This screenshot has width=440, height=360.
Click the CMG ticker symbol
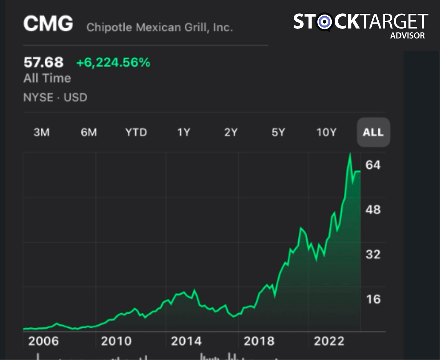click(48, 24)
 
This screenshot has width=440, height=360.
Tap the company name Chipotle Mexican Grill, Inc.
click(159, 27)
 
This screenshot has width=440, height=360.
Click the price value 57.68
click(44, 62)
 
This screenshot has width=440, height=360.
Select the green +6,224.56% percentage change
click(113, 63)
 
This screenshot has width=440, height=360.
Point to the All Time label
click(47, 78)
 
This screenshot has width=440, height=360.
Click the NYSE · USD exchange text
click(55, 97)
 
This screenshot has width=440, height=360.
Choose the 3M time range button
click(41, 132)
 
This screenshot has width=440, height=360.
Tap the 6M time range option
click(89, 132)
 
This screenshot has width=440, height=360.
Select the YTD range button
click(136, 132)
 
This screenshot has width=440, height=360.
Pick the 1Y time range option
click(183, 132)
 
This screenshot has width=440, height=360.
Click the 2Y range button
click(231, 132)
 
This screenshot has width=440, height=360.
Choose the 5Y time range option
click(278, 132)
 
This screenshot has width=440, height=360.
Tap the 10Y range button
click(326, 132)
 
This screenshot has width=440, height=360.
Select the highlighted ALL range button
click(373, 132)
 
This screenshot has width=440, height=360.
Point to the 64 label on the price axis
click(373, 165)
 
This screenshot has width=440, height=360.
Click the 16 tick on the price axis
click(373, 299)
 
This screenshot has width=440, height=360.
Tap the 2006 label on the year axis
click(44, 341)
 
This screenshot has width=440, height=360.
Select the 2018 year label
click(259, 341)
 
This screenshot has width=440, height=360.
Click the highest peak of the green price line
click(350, 154)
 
